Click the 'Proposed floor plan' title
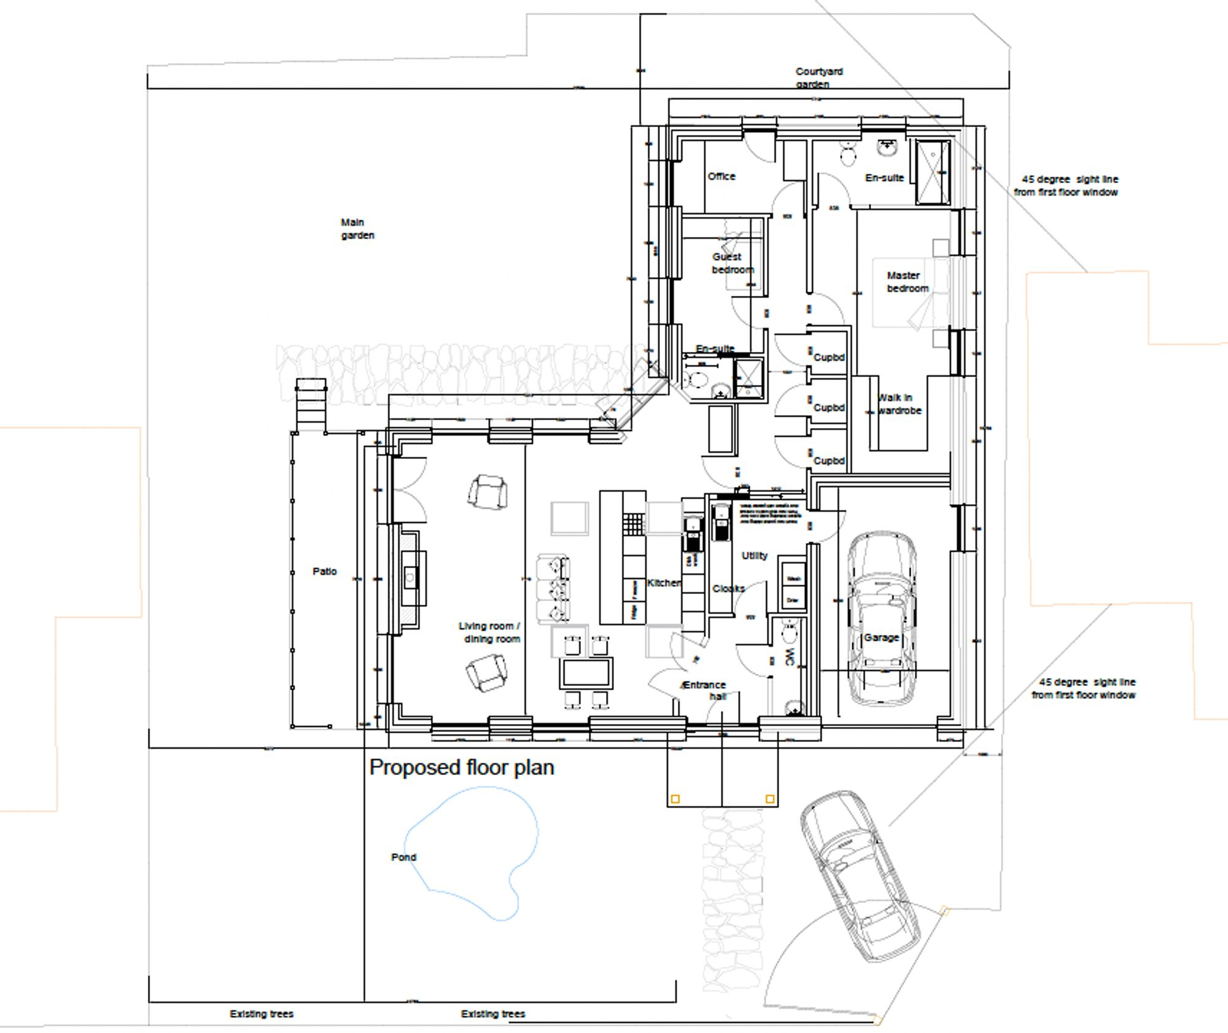tap(462, 768)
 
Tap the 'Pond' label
tap(403, 857)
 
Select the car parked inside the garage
tap(882, 620)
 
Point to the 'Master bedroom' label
tap(907, 282)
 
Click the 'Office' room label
tap(721, 176)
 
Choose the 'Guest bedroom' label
tap(731, 263)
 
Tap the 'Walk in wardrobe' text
tap(899, 404)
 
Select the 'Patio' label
tap(324, 571)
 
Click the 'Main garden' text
tap(357, 228)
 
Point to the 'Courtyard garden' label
tap(818, 78)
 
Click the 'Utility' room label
tap(754, 555)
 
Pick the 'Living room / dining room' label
tap(490, 632)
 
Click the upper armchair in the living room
tap(488, 492)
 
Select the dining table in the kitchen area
tap(586, 672)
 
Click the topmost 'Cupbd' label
tap(829, 357)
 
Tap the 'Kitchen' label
tap(663, 582)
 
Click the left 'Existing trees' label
tap(262, 1013)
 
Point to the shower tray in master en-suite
tap(933, 171)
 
